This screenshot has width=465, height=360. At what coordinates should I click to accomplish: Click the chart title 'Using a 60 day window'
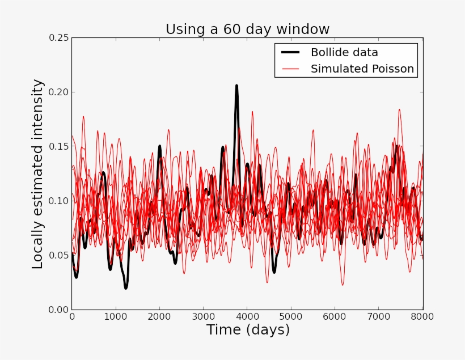pos(247,29)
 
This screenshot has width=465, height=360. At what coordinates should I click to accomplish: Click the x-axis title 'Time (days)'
pos(248,330)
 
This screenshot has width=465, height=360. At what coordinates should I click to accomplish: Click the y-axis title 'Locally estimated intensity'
pos(37,174)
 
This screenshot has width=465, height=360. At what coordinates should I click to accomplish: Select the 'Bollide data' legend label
pos(344,53)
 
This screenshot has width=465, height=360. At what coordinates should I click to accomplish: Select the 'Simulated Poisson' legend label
pos(362,69)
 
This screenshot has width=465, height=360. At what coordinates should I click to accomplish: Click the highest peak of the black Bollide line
pos(236,86)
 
